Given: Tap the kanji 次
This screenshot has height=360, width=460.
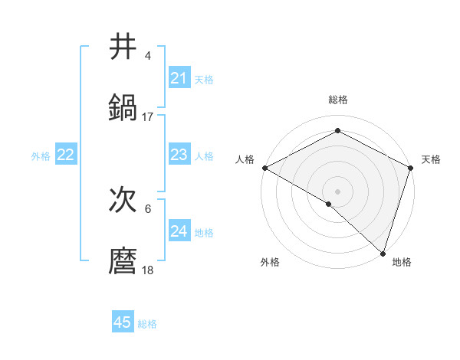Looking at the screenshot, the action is (123, 200).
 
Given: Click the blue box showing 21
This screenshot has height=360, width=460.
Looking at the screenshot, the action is (179, 78).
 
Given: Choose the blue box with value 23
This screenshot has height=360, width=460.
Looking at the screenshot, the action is (179, 155).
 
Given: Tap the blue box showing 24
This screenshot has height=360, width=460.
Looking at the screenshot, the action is (179, 231).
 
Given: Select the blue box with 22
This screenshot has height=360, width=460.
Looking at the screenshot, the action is (65, 155).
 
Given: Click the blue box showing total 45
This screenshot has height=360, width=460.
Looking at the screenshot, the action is (123, 322).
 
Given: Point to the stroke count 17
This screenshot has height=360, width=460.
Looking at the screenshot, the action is (148, 116).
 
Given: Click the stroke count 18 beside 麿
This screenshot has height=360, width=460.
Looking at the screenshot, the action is (148, 270).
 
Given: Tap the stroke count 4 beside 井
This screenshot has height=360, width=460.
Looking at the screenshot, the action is (148, 56).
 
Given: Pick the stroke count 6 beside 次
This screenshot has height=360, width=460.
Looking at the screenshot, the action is (148, 209).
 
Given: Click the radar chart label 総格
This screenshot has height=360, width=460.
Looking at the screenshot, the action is (337, 100).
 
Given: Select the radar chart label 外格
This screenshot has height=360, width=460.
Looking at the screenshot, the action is (270, 262).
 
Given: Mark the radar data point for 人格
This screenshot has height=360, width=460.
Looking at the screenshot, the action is (264, 168).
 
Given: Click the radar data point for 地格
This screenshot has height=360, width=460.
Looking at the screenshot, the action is (383, 253).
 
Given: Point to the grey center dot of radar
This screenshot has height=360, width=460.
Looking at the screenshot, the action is (337, 191).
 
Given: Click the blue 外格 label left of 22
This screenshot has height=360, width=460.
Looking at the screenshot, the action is (41, 156).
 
